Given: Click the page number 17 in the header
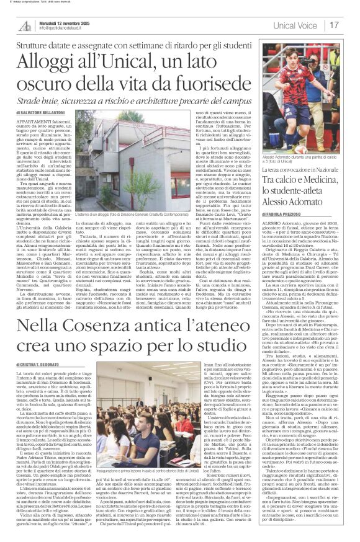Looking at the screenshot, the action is click(351, 25).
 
